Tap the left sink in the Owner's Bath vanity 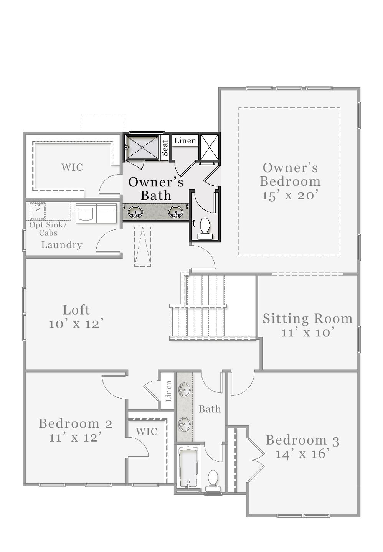click(x=135, y=213)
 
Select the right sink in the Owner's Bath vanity click(x=176, y=213)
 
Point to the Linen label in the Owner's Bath click(x=185, y=141)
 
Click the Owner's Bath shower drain click(x=143, y=147)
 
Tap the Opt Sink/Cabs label click(x=48, y=229)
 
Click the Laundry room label click(x=62, y=245)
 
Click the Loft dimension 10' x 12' click(x=76, y=324)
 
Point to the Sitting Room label click(x=307, y=319)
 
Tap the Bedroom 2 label click(x=76, y=423)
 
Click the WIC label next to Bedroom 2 click(x=146, y=432)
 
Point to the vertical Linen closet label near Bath click(x=168, y=391)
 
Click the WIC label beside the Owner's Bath click(x=72, y=167)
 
